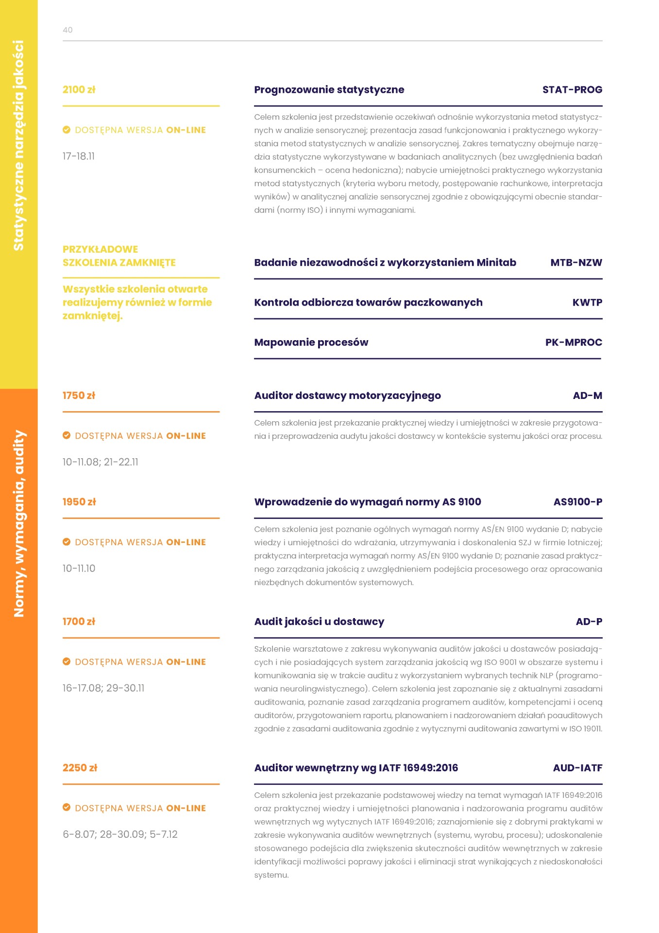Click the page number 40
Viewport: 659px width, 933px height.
(x=68, y=30)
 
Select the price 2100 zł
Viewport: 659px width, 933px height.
(x=79, y=89)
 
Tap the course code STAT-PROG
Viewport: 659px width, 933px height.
(x=572, y=89)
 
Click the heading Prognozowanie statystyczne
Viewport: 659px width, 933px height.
(x=329, y=89)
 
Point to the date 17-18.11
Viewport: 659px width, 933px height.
(x=79, y=156)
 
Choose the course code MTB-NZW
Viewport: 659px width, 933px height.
(x=576, y=262)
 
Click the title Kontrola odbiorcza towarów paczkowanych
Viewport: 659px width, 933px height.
(x=368, y=302)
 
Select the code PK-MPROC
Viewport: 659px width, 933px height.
(x=574, y=342)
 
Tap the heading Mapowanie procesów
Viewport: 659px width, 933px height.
(x=311, y=342)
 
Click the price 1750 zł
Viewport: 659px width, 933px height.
(x=79, y=396)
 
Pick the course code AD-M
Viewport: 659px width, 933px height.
(x=587, y=396)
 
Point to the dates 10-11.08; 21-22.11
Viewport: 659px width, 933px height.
(x=100, y=462)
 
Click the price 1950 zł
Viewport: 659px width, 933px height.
(x=79, y=502)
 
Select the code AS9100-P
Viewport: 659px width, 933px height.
(x=577, y=502)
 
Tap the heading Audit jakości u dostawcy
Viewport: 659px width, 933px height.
(x=319, y=622)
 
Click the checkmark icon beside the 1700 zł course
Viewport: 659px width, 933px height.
(x=67, y=661)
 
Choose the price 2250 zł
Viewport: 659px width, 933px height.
(x=80, y=768)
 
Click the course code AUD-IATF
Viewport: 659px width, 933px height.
(x=577, y=768)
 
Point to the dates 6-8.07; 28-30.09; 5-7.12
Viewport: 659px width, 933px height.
(x=120, y=834)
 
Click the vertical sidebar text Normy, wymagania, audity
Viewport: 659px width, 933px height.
(x=19, y=523)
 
